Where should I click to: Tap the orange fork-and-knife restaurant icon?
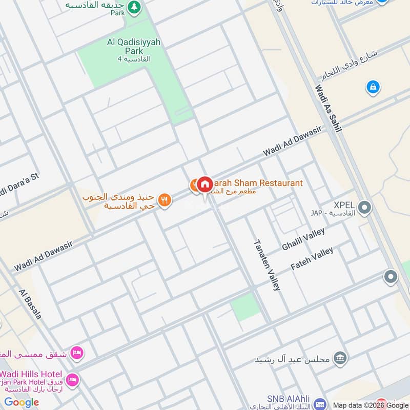[164, 200]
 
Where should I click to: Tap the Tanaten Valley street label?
[267, 264]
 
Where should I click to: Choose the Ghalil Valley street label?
[303, 239]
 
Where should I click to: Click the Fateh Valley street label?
[312, 258]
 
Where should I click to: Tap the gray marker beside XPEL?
[364, 208]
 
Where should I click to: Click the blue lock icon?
[373, 87]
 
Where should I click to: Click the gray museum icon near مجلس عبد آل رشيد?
[339, 358]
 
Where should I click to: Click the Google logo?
[22, 402]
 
